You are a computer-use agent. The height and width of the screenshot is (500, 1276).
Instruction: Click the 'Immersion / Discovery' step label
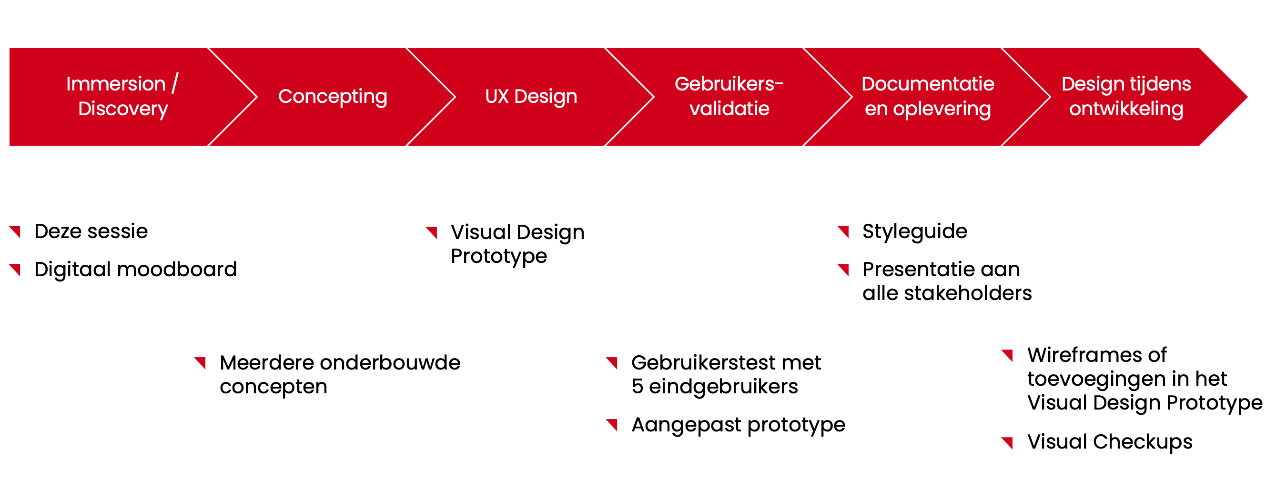[122, 96]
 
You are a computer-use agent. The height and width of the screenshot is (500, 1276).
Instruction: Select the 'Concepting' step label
[333, 97]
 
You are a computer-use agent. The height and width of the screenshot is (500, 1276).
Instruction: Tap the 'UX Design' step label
[531, 97]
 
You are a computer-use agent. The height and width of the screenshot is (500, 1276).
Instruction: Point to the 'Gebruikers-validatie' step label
[729, 96]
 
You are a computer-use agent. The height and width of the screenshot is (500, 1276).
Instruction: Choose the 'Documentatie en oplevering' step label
[928, 97]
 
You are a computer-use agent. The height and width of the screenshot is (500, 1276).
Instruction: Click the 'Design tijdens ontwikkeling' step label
[1126, 97]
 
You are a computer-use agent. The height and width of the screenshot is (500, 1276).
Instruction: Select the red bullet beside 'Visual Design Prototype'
[431, 232]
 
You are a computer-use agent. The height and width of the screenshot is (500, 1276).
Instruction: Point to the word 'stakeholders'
[968, 293]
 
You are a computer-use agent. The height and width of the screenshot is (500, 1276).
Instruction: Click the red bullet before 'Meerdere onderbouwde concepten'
[200, 363]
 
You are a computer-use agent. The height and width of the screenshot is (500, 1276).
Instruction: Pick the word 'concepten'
[273, 387]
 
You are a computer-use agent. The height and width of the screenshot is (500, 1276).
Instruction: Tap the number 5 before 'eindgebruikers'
[637, 387]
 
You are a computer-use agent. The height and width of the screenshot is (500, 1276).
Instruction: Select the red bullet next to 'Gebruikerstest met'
[612, 363]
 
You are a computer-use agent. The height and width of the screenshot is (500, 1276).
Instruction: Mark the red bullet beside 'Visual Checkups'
[1007, 442]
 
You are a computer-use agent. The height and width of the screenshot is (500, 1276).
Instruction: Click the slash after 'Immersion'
[175, 83]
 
